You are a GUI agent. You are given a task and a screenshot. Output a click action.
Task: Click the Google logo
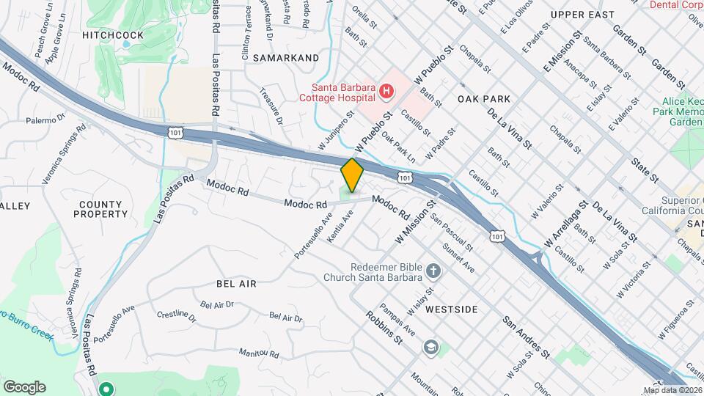(24, 386)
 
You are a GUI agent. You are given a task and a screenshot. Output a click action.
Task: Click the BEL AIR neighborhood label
(236, 283)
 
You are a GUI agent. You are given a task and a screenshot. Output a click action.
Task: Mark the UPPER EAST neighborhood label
(582, 15)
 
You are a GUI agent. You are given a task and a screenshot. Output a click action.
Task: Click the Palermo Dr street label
(46, 120)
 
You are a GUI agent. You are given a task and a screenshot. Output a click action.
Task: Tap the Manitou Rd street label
(259, 353)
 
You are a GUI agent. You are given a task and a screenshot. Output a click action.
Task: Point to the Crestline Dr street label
(177, 317)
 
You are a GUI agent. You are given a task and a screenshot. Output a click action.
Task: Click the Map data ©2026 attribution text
(672, 389)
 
